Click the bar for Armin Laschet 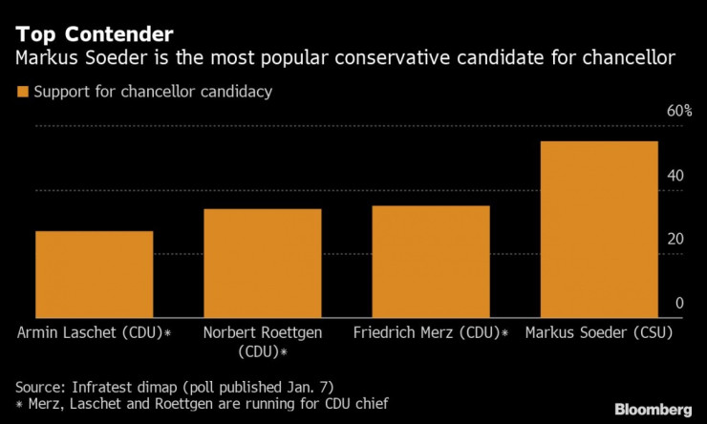tap(95, 274)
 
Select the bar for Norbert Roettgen tap(263, 263)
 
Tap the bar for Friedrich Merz tap(431, 262)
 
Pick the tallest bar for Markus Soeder tap(599, 229)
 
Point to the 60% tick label tap(679, 111)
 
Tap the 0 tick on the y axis tap(679, 303)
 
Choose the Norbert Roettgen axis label tap(263, 341)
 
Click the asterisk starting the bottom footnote tap(20, 405)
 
